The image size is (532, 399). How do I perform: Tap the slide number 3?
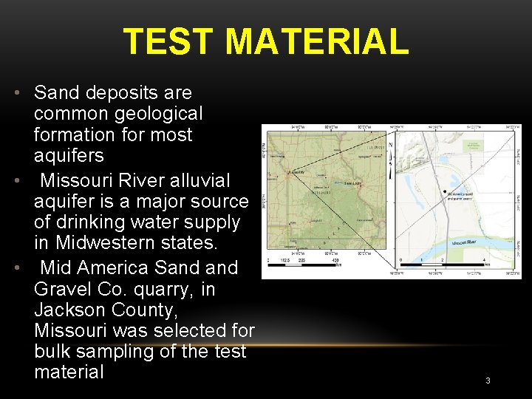[x=488, y=381]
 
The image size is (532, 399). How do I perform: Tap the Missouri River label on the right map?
[x=463, y=242]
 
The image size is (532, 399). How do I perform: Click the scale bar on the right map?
[x=443, y=264]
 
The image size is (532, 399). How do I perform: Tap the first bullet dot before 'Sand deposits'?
[x=16, y=93]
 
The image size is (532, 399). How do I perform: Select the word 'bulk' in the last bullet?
[x=52, y=352]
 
